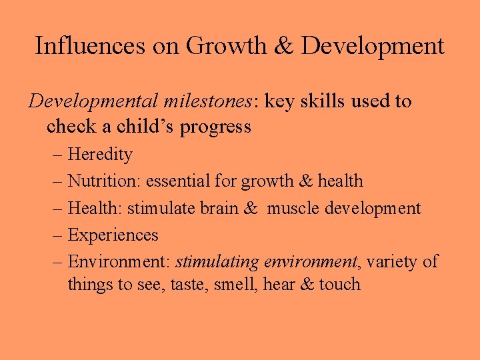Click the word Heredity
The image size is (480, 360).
point(100,155)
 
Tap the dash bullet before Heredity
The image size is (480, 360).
point(57,155)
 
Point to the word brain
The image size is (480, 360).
point(218,208)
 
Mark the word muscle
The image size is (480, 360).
point(293,208)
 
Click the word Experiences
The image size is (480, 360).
point(113,235)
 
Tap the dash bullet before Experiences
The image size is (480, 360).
point(57,235)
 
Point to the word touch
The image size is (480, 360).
point(339,284)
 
